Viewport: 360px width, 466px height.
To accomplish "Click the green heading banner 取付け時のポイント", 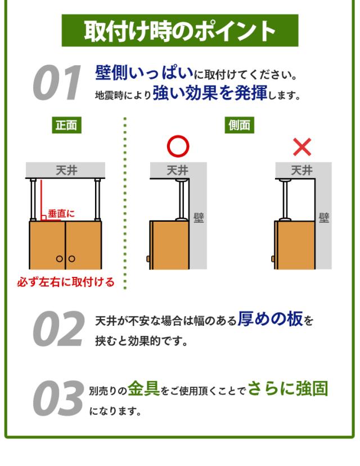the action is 179,30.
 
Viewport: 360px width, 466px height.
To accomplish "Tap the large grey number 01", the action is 56,82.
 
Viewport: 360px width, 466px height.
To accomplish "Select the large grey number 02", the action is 58,329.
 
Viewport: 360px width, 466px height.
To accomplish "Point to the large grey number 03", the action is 58,398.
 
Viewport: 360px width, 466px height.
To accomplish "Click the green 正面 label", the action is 66,125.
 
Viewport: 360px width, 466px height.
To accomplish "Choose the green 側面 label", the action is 239,125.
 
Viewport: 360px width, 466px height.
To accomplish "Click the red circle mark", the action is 178,146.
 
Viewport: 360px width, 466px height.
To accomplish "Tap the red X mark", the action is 302,147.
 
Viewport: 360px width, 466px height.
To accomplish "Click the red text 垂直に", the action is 61,213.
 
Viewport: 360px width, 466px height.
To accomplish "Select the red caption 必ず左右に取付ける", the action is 66,282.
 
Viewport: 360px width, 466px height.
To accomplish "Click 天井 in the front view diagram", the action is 66,171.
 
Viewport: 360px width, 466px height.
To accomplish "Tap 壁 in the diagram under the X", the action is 324,218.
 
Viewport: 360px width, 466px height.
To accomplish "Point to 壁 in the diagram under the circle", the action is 199,218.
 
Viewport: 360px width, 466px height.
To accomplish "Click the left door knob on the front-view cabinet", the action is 60,258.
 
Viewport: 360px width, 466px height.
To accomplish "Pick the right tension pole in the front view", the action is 97,199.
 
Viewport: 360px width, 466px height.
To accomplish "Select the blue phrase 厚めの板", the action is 271,319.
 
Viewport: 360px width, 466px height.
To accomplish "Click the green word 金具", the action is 144,388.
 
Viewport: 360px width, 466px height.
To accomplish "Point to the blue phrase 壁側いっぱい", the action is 145,72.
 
